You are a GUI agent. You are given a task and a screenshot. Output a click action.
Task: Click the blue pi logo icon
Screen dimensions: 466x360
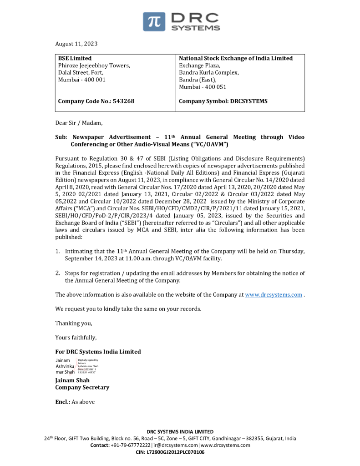point(154,21)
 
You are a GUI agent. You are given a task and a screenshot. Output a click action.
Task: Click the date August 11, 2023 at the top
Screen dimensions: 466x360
point(76,44)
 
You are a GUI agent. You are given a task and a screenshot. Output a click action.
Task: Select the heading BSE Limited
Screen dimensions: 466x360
point(75,58)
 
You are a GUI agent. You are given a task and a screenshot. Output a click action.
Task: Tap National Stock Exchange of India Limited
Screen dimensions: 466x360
point(236,58)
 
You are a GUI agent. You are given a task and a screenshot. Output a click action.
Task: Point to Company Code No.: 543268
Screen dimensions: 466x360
point(96,101)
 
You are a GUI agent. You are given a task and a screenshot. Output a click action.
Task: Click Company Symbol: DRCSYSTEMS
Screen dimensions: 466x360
point(223,101)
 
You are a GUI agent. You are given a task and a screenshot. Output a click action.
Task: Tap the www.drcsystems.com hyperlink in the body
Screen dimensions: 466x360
point(274,294)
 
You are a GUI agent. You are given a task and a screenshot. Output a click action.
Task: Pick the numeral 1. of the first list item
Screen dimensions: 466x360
point(58,251)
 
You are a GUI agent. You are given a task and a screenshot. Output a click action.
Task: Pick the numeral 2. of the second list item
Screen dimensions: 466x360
point(58,273)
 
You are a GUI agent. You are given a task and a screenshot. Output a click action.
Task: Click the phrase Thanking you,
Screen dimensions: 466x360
point(74,323)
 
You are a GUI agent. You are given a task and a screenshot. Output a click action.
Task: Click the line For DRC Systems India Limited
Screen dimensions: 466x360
point(98,352)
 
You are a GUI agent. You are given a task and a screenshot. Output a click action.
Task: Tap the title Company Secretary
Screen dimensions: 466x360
point(82,387)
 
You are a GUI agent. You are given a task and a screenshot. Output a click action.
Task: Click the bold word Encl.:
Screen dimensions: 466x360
point(62,402)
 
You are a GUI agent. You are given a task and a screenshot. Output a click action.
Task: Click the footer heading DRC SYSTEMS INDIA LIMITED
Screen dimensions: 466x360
point(180,431)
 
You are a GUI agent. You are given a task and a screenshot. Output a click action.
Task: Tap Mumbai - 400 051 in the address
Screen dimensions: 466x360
point(203,87)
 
